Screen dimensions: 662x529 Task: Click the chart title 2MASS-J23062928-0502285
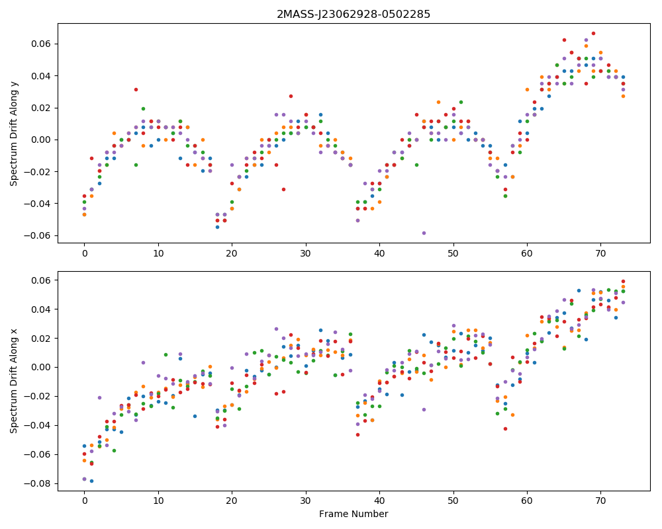pos(354,15)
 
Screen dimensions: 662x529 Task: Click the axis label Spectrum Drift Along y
pos(14,134)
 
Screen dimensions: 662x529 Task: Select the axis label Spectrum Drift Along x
pos(14,381)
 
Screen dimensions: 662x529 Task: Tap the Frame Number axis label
pos(354,514)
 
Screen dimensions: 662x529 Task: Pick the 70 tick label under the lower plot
pos(600,501)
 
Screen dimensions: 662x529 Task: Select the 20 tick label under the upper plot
pos(232,253)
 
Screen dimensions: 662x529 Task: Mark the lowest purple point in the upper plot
pos(424,233)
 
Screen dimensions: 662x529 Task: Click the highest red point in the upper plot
pos(593,33)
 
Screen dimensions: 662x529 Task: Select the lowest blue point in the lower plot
pos(91,481)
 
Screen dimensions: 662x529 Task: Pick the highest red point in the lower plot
pos(623,282)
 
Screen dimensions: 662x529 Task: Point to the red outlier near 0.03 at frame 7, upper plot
pos(136,89)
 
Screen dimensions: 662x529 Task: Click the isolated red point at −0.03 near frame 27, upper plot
pos(283,189)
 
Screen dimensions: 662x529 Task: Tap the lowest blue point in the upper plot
pos(217,227)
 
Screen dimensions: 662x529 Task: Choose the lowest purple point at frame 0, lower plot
pos(85,479)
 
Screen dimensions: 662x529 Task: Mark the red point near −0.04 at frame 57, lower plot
pos(505,428)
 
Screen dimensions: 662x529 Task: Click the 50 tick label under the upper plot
pos(453,253)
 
